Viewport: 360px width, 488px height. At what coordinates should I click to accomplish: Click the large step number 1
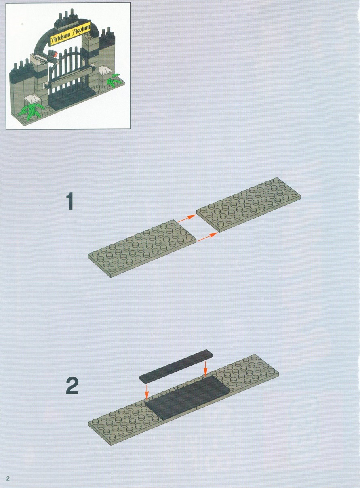(70, 201)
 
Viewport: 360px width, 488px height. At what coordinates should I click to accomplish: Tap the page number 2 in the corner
(8, 478)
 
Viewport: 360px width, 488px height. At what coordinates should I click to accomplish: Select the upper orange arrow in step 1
(187, 218)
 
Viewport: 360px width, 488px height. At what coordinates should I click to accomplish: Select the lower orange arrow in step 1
(208, 237)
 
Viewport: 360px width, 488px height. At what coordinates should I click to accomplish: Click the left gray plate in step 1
(142, 248)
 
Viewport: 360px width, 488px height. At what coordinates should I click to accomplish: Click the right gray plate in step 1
(248, 205)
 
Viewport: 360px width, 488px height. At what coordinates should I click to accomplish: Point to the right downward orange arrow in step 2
(205, 368)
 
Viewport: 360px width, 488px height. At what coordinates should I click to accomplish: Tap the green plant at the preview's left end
(31, 111)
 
